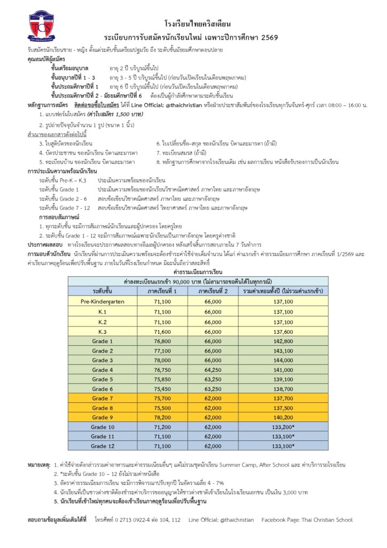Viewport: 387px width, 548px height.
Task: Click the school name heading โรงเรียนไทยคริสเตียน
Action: (197, 24)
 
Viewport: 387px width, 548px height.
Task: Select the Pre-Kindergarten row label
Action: (103, 301)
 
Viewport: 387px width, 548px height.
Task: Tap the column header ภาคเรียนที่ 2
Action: (213, 292)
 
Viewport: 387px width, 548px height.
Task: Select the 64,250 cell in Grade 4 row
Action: (213, 369)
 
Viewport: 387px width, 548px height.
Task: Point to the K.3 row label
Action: (103, 331)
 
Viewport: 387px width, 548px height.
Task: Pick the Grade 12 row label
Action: (103, 446)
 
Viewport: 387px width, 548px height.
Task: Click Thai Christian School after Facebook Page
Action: (326, 520)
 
